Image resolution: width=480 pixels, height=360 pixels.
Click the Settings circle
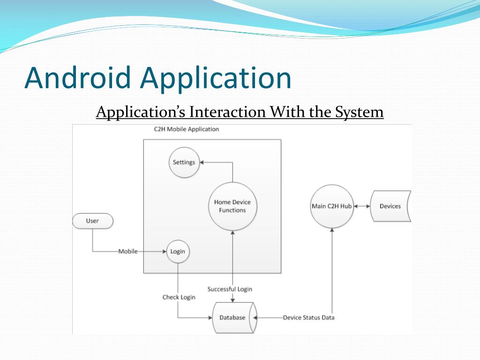184,162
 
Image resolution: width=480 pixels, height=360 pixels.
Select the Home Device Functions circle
232,206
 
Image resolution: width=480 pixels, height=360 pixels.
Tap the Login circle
178,251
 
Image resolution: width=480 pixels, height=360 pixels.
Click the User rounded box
92,221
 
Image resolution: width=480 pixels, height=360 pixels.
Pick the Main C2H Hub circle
332,206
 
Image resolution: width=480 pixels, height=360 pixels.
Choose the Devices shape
390,206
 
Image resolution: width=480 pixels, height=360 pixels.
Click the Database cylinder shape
232,317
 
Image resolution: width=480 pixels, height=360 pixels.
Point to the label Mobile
128,251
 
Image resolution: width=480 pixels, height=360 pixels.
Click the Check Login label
179,297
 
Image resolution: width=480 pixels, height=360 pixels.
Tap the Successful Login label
230,289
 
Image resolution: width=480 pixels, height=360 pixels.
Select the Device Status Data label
308,317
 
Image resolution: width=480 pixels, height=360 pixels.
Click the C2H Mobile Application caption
187,129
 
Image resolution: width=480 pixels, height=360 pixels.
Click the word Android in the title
77,78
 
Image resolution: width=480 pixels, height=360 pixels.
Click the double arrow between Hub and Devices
362,206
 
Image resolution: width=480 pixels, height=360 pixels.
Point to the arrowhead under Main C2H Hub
332,231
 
